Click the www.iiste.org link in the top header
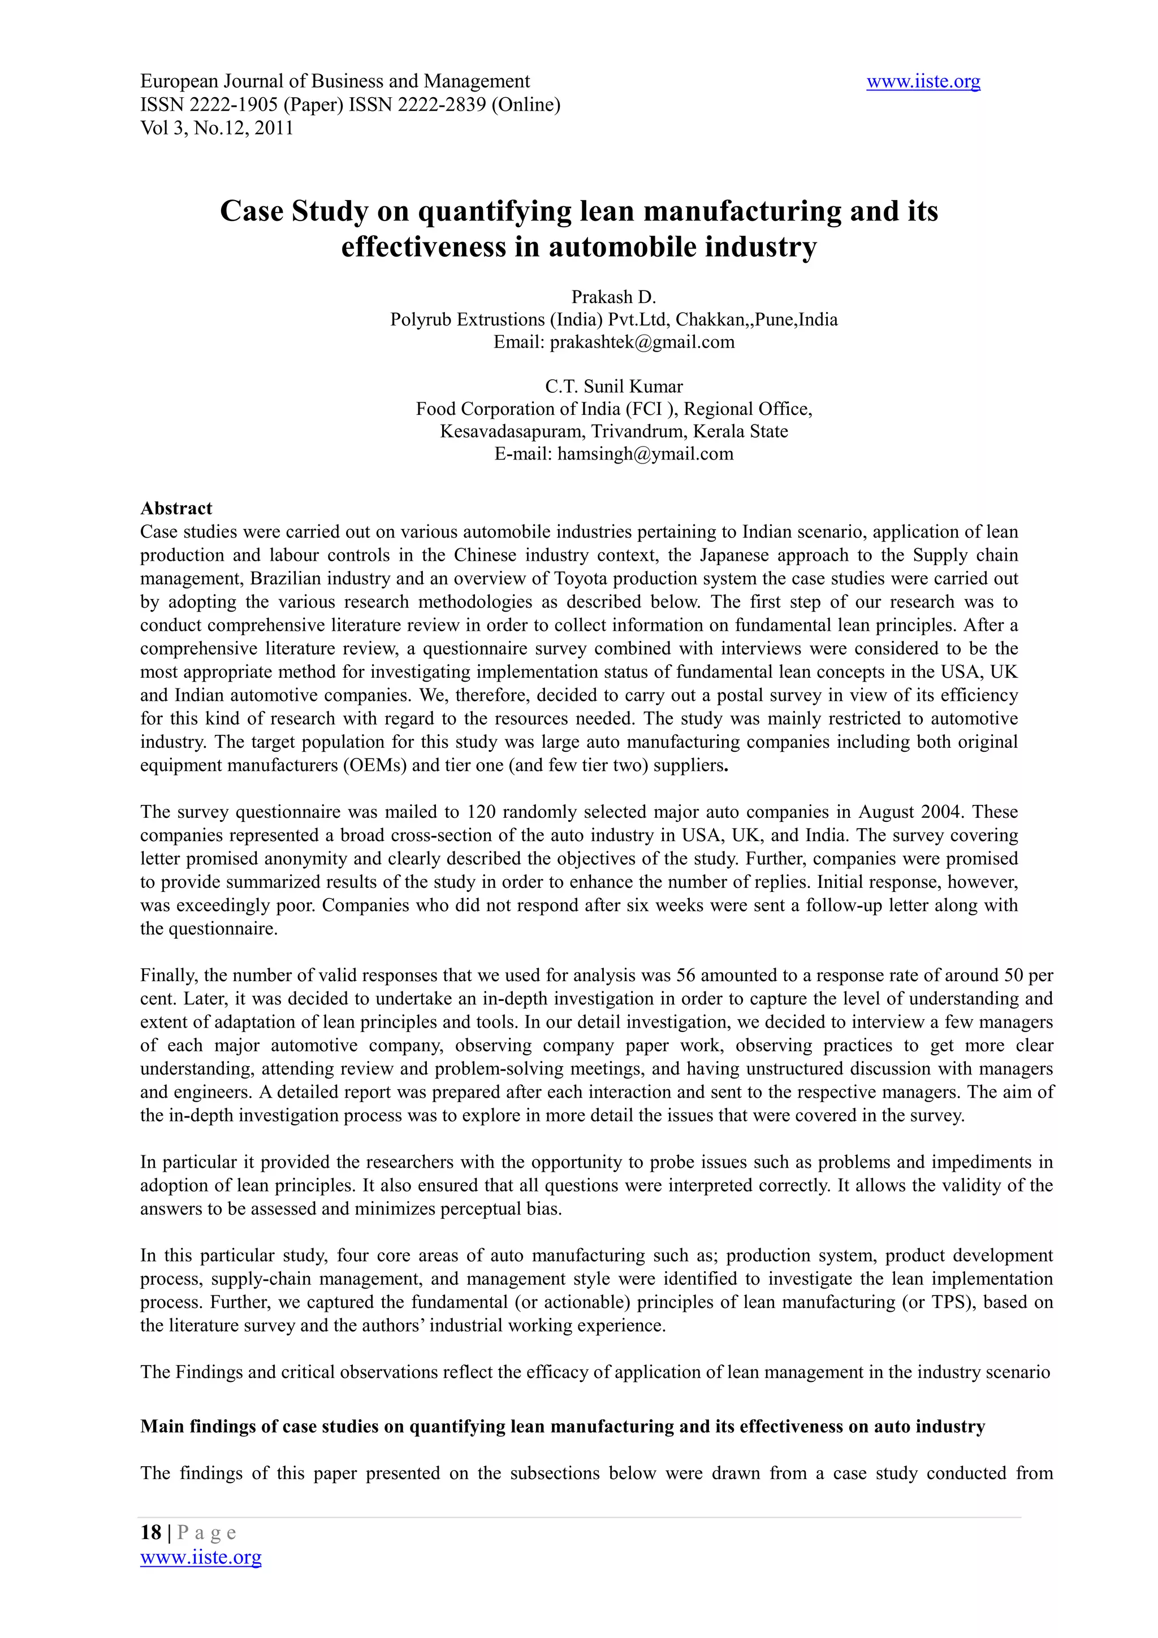pyautogui.click(x=923, y=82)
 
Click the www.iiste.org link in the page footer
pyautogui.click(x=201, y=1557)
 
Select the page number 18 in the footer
pyautogui.click(x=150, y=1532)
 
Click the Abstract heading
pyautogui.click(x=176, y=508)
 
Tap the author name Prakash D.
pyautogui.click(x=613, y=297)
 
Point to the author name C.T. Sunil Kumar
pyautogui.click(x=613, y=387)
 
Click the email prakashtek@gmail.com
pyautogui.click(x=642, y=342)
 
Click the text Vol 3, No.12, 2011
pyautogui.click(x=217, y=128)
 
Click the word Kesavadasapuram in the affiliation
pyautogui.click(x=511, y=432)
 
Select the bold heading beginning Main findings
pyautogui.click(x=562, y=1426)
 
